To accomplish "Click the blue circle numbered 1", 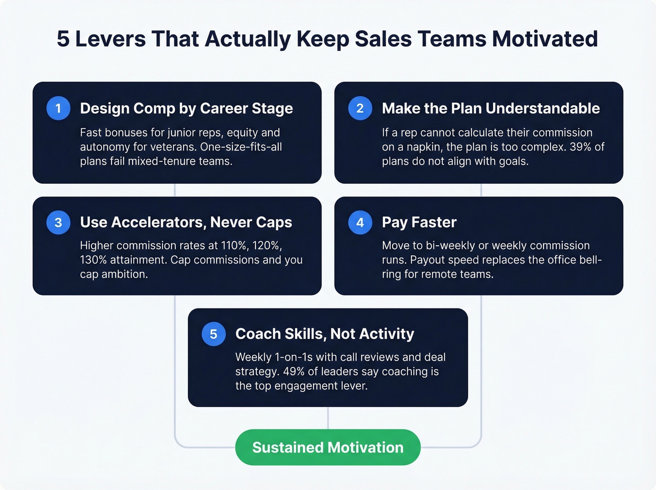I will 59,108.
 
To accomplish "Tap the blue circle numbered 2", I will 360,108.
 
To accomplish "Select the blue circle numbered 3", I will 59,222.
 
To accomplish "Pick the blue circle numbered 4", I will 360,222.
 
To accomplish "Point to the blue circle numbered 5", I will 214,334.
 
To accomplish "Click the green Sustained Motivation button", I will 328,447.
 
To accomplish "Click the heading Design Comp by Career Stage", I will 186,108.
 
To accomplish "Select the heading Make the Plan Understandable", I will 491,108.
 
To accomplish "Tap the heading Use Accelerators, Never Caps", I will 186,222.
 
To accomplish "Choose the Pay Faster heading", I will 419,222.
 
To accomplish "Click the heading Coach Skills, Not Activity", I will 325,334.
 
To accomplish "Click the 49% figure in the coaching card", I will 294,371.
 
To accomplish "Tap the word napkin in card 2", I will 423,147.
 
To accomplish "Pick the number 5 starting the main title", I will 63,39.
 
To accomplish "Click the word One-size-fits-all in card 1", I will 241,147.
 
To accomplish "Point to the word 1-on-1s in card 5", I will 294,357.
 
